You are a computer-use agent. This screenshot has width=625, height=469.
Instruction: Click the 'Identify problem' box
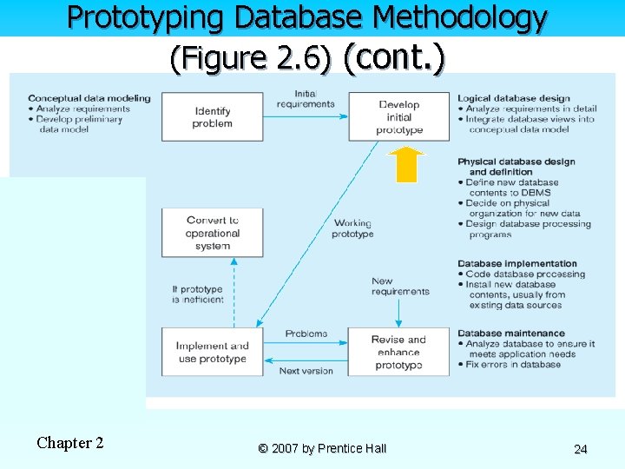point(213,117)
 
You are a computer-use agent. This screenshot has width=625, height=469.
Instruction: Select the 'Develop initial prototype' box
point(399,117)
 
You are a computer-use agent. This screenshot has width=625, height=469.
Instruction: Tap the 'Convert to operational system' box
point(213,233)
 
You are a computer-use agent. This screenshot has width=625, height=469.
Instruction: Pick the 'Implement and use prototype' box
point(213,352)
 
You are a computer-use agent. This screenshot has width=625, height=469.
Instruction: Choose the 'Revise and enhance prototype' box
point(399,352)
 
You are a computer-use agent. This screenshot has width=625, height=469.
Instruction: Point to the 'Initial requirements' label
point(306,99)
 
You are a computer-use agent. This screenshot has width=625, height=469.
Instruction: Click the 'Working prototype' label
point(352,228)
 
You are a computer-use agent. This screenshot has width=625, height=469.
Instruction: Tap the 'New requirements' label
point(400,286)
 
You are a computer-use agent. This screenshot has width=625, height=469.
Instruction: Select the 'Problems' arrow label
point(306,334)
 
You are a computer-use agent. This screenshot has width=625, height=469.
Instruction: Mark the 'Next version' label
point(306,371)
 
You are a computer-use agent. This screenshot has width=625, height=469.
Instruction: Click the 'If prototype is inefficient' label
point(197,294)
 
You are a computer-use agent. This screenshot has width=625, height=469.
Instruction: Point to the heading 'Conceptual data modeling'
point(89,98)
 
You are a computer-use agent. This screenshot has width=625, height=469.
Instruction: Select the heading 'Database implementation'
point(516,263)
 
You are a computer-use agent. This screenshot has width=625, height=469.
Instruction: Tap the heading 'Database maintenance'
point(510,333)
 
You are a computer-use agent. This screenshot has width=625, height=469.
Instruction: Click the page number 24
point(581,449)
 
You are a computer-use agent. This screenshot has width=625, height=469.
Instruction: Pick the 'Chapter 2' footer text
point(70,443)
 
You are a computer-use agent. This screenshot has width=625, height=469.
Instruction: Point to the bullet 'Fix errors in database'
point(513,365)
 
